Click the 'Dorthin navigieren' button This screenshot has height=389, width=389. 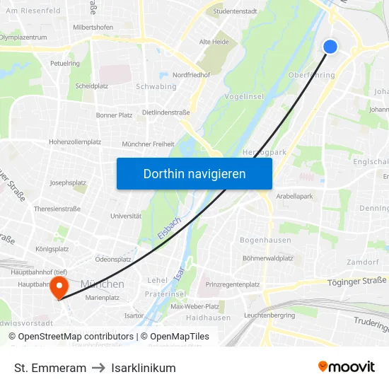click(194, 173)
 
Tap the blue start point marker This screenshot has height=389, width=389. click(330, 47)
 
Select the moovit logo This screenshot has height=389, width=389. click(346, 366)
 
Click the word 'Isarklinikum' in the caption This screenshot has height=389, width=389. click(143, 368)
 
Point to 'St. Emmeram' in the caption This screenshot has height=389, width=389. click(50, 368)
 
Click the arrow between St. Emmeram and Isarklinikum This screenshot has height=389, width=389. click(98, 368)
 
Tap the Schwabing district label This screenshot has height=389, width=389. click(156, 87)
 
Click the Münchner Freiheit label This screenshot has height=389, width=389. click(148, 144)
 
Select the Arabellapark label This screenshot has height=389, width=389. click(294, 195)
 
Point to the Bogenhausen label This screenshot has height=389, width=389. click(265, 240)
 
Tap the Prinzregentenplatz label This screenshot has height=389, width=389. click(233, 284)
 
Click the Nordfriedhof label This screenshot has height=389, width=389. click(191, 75)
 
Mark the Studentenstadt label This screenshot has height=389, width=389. click(235, 11)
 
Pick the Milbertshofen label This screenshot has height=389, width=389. click(93, 27)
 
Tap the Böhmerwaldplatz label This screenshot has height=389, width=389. click(267, 258)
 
